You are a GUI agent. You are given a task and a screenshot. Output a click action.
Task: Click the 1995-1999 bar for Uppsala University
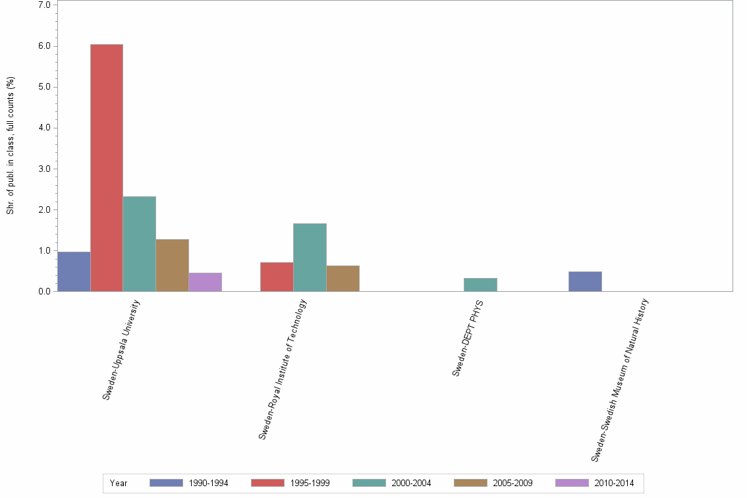tap(107, 168)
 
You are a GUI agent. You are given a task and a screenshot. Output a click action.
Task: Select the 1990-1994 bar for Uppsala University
tap(74, 271)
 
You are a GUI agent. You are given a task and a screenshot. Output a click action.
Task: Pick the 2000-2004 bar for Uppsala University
tap(139, 244)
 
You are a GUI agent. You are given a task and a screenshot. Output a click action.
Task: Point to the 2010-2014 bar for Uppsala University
tap(205, 282)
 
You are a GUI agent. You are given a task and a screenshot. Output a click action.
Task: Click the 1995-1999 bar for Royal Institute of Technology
tap(277, 277)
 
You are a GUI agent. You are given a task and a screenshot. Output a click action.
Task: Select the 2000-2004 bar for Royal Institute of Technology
tap(310, 257)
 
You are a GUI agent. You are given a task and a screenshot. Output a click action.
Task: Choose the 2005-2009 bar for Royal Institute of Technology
tap(343, 278)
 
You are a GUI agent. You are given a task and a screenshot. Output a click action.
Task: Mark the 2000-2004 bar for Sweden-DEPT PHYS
tap(480, 285)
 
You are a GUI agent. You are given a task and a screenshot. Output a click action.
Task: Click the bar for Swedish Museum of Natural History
tap(585, 281)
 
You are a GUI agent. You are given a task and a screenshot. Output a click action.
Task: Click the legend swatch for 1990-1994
tap(166, 483)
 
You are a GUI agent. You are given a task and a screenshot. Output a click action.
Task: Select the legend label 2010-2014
tap(614, 484)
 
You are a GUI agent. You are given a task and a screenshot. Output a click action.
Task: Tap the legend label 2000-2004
tap(411, 484)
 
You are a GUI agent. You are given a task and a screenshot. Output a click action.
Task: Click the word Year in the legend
tap(119, 484)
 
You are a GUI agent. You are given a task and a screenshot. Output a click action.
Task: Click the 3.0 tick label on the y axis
tap(45, 169)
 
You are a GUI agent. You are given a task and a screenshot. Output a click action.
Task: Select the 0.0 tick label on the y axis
tap(45, 291)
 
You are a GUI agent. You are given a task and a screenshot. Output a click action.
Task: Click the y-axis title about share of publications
tap(11, 146)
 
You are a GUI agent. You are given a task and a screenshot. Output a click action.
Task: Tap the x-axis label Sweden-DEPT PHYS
tap(468, 337)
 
